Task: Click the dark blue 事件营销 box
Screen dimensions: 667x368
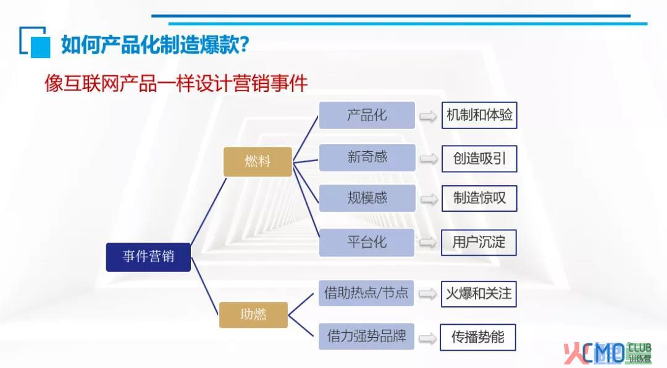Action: (x=148, y=257)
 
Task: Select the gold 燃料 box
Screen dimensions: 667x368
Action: (x=258, y=162)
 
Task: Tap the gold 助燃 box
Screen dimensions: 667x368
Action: (x=254, y=315)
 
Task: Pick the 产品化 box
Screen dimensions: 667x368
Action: (x=367, y=115)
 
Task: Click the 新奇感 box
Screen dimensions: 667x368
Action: (x=367, y=157)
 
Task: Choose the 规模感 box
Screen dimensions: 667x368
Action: (x=367, y=198)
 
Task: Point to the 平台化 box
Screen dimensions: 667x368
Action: (x=367, y=243)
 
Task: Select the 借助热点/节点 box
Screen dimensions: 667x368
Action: (x=366, y=293)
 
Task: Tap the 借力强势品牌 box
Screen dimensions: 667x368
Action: (x=366, y=337)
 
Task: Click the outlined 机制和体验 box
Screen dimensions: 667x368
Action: (x=479, y=115)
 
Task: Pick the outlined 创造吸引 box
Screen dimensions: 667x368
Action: (x=479, y=159)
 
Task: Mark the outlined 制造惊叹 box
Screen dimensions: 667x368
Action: (x=479, y=198)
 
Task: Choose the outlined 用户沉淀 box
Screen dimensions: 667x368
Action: (x=479, y=243)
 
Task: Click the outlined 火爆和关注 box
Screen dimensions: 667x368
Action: (x=479, y=294)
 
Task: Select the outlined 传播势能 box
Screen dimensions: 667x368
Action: (x=477, y=337)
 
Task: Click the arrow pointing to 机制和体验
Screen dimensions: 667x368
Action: (x=428, y=116)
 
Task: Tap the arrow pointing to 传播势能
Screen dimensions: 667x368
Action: (x=428, y=338)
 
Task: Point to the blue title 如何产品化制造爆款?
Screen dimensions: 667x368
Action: (x=155, y=44)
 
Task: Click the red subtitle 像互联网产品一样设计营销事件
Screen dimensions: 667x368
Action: (x=176, y=83)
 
